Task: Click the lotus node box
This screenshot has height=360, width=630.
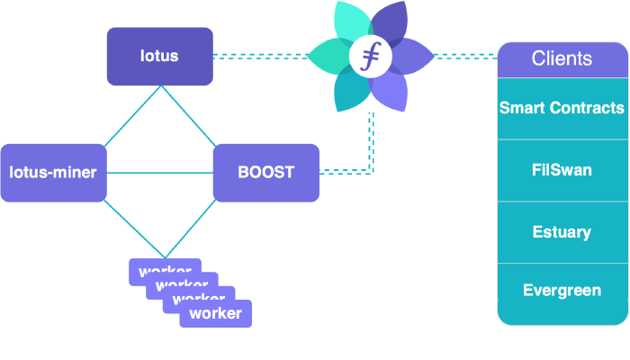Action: point(159,56)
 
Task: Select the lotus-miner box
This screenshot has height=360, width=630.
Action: point(53,172)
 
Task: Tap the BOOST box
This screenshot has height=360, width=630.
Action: point(265,172)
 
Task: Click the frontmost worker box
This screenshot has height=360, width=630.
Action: point(216,314)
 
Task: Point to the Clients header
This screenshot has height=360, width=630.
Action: point(562,59)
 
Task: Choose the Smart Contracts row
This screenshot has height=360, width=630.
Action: point(562,108)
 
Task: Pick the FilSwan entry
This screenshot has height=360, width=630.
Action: point(562,170)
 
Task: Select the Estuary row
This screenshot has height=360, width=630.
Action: point(562,232)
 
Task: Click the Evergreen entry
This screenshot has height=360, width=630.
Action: point(562,291)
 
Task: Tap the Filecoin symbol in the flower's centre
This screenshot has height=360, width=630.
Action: point(370,57)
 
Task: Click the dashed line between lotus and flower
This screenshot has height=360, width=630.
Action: point(261,56)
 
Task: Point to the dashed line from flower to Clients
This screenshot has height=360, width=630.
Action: point(466,56)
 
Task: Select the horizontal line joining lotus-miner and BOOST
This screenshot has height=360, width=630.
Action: point(159,172)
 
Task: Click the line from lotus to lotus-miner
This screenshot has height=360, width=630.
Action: point(132,115)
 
